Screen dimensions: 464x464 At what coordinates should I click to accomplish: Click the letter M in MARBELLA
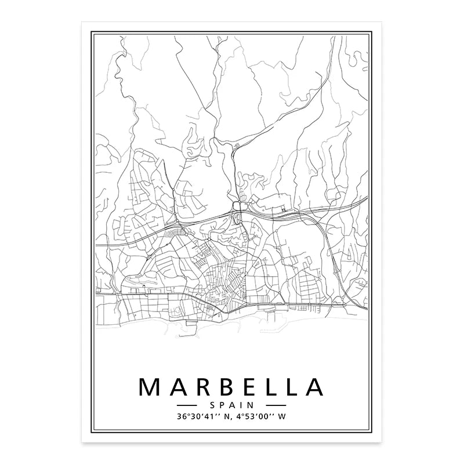click(150, 387)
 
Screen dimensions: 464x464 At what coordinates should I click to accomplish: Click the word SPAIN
click(231, 405)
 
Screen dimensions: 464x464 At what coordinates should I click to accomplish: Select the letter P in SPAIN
click(224, 405)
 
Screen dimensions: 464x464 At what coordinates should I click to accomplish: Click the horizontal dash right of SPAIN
click(275, 405)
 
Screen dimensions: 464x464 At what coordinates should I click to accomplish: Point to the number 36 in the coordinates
click(183, 416)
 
